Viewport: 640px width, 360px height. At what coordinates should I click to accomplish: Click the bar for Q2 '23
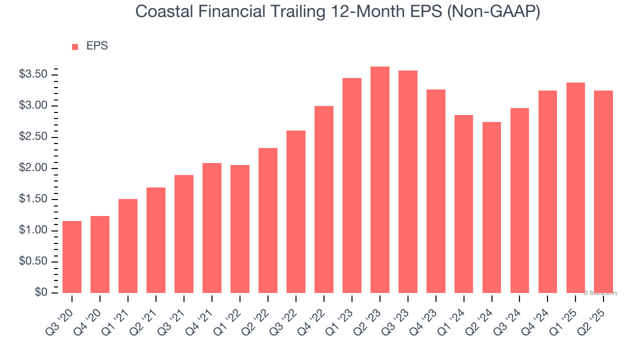point(380,180)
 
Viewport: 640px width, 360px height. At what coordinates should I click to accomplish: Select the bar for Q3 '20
point(72,257)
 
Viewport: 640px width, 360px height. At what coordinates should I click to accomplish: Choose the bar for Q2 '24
point(492,207)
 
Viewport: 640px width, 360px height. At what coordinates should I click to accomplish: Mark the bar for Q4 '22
point(324,199)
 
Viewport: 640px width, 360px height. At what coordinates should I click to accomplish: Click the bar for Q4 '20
point(100,254)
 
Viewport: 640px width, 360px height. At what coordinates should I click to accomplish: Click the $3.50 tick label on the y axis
point(33,74)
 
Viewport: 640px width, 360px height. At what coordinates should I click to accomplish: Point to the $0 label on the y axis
point(41,292)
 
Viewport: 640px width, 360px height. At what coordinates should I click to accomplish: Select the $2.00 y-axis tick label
point(33,168)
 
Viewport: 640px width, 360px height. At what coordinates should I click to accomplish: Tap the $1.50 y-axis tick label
point(33,199)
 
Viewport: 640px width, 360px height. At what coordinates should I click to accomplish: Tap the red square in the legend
point(75,47)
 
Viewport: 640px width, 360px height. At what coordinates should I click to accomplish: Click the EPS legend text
point(97,46)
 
